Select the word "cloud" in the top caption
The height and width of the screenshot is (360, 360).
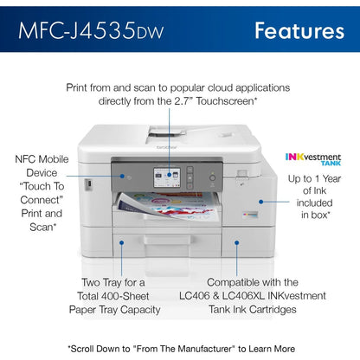(x=221, y=87)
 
